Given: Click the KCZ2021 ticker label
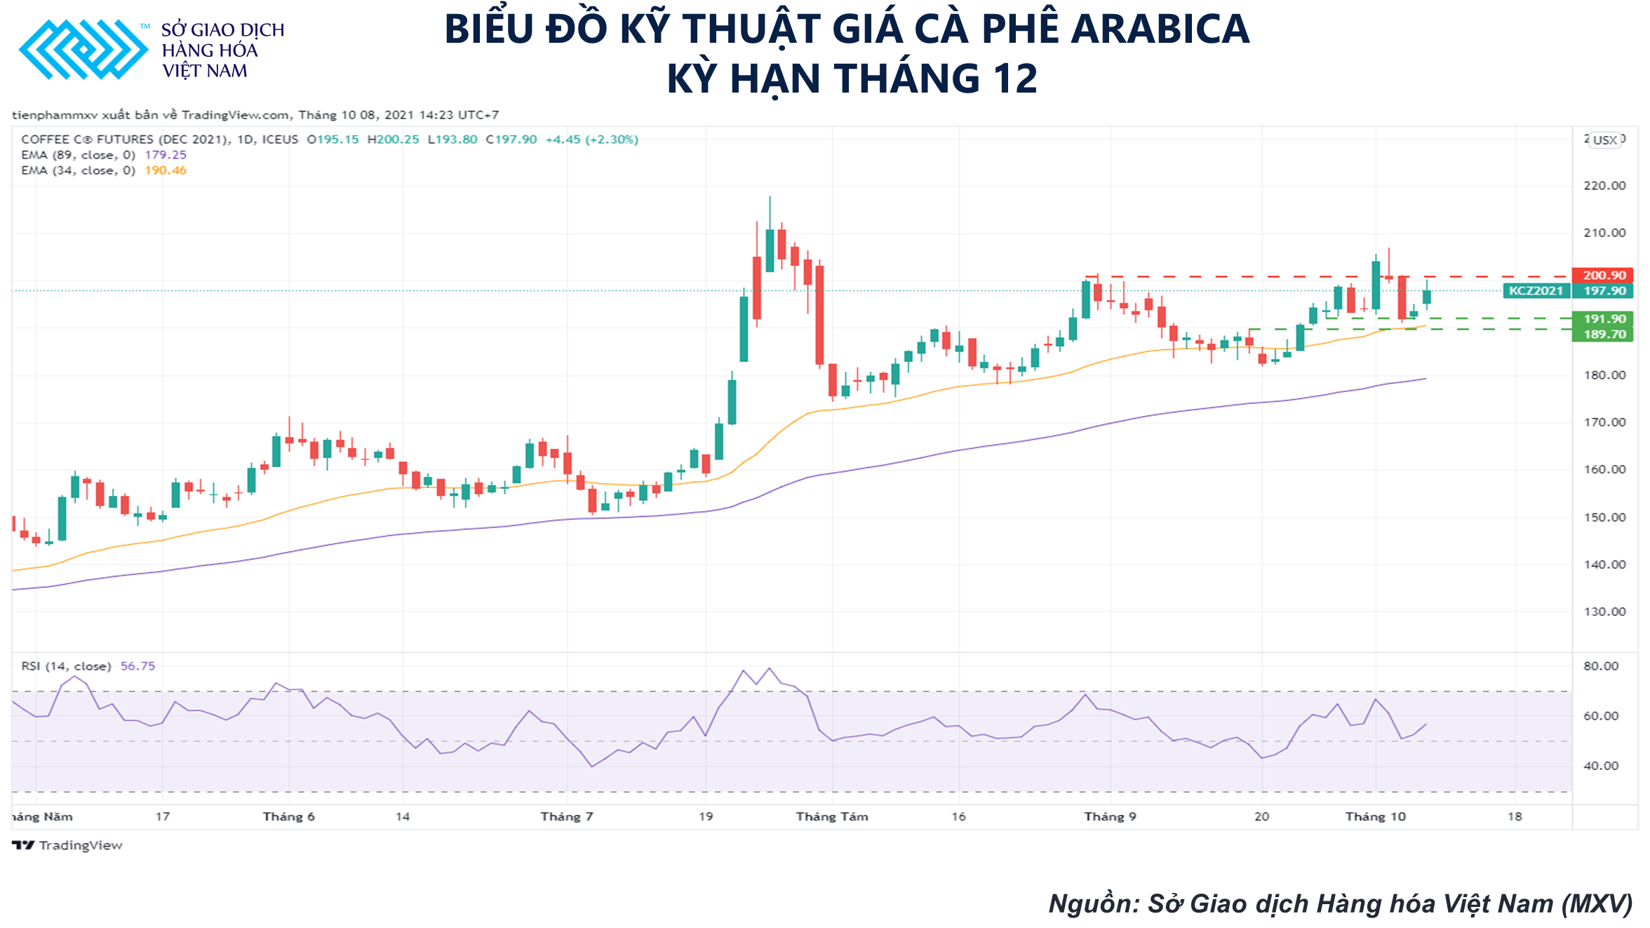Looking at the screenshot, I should click(x=1536, y=291).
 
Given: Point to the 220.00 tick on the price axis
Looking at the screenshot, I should click(x=1604, y=186).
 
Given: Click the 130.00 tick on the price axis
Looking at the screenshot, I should click(x=1604, y=612).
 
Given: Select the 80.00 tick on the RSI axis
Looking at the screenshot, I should click(x=1600, y=666).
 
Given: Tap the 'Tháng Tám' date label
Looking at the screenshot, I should click(x=832, y=816).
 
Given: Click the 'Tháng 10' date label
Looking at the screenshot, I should click(x=1375, y=816).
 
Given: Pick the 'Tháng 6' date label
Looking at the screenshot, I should click(x=288, y=816).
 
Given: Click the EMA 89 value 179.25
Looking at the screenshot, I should click(x=166, y=155).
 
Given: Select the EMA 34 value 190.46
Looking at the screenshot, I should click(x=166, y=170).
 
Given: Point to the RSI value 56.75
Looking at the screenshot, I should click(x=137, y=666).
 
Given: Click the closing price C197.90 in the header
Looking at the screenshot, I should click(x=511, y=140).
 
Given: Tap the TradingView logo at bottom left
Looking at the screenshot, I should click(x=67, y=845).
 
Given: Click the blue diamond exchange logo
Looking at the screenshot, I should click(x=83, y=50).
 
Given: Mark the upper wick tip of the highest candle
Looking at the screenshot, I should click(x=770, y=197).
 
